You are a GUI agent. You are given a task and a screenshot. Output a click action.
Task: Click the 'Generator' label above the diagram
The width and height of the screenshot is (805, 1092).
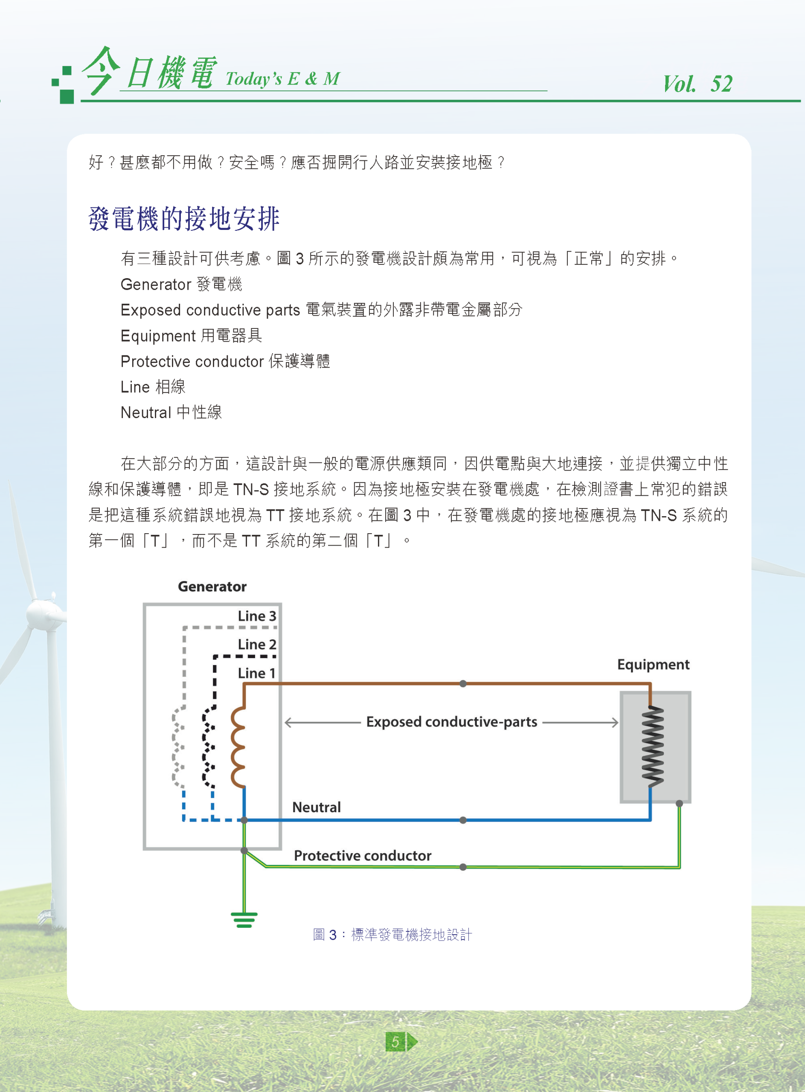(x=212, y=586)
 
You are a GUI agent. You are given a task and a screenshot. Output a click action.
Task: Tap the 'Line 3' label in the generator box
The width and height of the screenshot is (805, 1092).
(x=257, y=616)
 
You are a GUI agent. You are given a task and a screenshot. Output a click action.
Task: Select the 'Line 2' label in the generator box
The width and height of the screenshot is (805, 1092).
(x=257, y=644)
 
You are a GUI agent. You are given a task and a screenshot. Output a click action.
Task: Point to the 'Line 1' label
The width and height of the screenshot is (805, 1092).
(x=257, y=673)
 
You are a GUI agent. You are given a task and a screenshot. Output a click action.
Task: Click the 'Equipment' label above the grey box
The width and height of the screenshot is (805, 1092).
(x=653, y=665)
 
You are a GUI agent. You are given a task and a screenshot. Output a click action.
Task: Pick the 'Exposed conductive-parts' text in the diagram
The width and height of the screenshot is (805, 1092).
(x=451, y=722)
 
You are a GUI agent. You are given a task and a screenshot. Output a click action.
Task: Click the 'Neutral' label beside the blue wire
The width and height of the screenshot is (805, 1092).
(x=316, y=807)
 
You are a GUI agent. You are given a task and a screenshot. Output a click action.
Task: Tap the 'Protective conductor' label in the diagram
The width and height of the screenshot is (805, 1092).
(x=363, y=856)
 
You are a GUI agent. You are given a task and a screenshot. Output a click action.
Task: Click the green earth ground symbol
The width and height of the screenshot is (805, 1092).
(x=244, y=920)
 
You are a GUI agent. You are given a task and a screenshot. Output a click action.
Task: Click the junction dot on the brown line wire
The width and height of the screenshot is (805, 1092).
(x=463, y=684)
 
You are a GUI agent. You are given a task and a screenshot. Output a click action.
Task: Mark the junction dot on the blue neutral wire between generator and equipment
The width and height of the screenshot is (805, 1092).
(x=463, y=820)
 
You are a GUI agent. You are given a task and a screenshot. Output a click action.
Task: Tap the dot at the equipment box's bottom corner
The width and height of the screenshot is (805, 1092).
(x=679, y=804)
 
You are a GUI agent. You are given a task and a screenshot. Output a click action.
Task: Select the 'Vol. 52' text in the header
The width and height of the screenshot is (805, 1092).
(x=697, y=84)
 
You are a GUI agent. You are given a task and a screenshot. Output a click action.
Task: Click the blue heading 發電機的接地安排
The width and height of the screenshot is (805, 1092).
(x=184, y=218)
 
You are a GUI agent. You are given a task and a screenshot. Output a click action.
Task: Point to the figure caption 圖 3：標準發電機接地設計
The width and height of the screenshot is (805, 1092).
(x=392, y=935)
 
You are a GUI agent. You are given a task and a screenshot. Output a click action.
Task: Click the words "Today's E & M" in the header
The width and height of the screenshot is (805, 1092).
(x=283, y=78)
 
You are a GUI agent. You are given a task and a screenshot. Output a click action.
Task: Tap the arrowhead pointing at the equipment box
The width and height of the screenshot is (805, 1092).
(x=615, y=722)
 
